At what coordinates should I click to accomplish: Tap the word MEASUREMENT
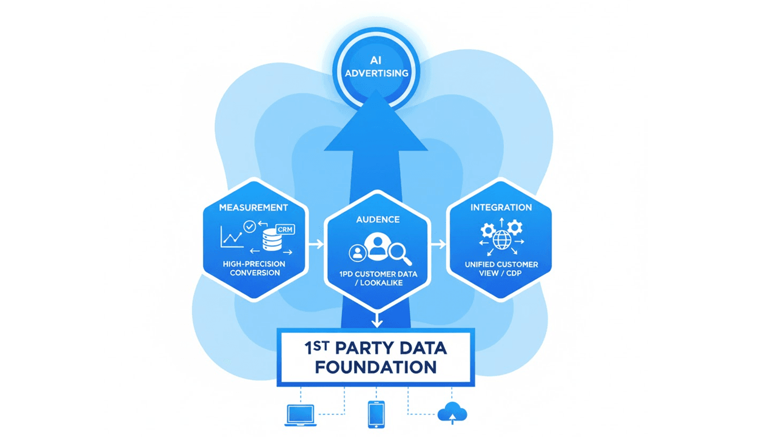253,208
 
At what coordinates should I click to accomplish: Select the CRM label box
284,229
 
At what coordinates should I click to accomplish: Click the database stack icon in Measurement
272,240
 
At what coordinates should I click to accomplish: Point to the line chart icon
232,237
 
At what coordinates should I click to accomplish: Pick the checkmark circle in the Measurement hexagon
249,226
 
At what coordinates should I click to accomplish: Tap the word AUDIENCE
377,219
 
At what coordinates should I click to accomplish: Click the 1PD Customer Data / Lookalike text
377,279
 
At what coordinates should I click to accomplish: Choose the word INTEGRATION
501,208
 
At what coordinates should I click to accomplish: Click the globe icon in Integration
502,240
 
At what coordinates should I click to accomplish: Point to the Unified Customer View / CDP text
501,269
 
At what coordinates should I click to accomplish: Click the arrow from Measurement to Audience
316,245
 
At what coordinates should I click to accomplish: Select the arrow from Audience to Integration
438,245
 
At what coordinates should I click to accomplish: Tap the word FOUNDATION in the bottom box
376,367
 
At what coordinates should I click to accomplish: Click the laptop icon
300,415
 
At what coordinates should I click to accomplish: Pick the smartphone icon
376,415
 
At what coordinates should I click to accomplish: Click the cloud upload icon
452,414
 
